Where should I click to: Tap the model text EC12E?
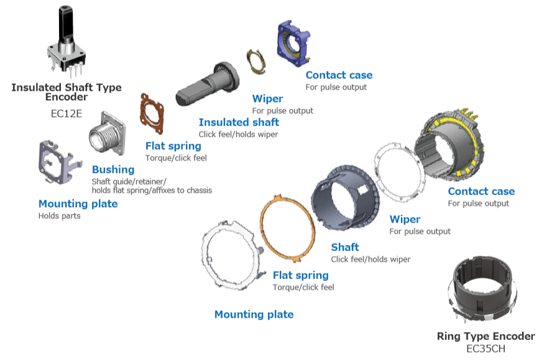point(67,114)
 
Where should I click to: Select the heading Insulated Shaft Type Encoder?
point(67,92)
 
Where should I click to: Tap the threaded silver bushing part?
point(108,137)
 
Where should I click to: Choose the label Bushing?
point(113,170)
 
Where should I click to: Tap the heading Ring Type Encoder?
point(485,336)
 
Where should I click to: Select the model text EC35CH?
point(485,349)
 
